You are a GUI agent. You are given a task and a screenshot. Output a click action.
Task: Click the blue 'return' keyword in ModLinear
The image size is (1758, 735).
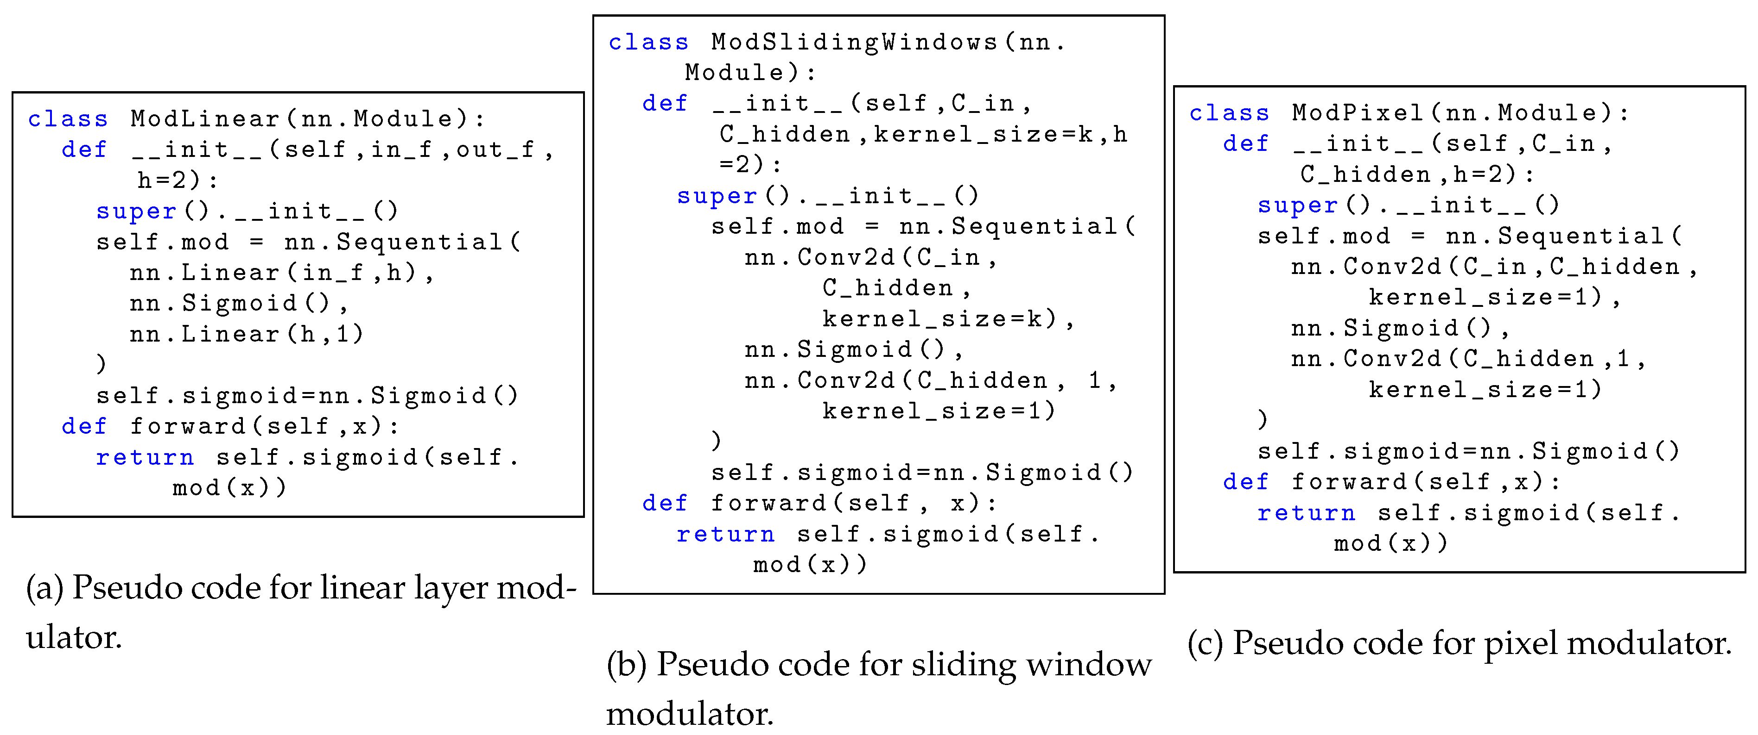(145, 457)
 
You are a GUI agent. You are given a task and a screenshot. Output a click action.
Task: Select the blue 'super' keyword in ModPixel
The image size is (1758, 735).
(1297, 205)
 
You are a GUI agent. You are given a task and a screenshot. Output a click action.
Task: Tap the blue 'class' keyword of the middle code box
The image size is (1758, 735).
(648, 42)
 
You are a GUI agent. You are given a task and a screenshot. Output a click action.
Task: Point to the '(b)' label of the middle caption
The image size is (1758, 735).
(626, 665)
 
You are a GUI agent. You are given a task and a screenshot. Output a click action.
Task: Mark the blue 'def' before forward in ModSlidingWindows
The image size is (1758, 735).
(664, 503)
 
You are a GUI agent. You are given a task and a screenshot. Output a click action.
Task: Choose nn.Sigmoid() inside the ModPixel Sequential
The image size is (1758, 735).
(1399, 329)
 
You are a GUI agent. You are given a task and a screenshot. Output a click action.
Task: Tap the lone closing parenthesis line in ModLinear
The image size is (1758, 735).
(101, 364)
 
